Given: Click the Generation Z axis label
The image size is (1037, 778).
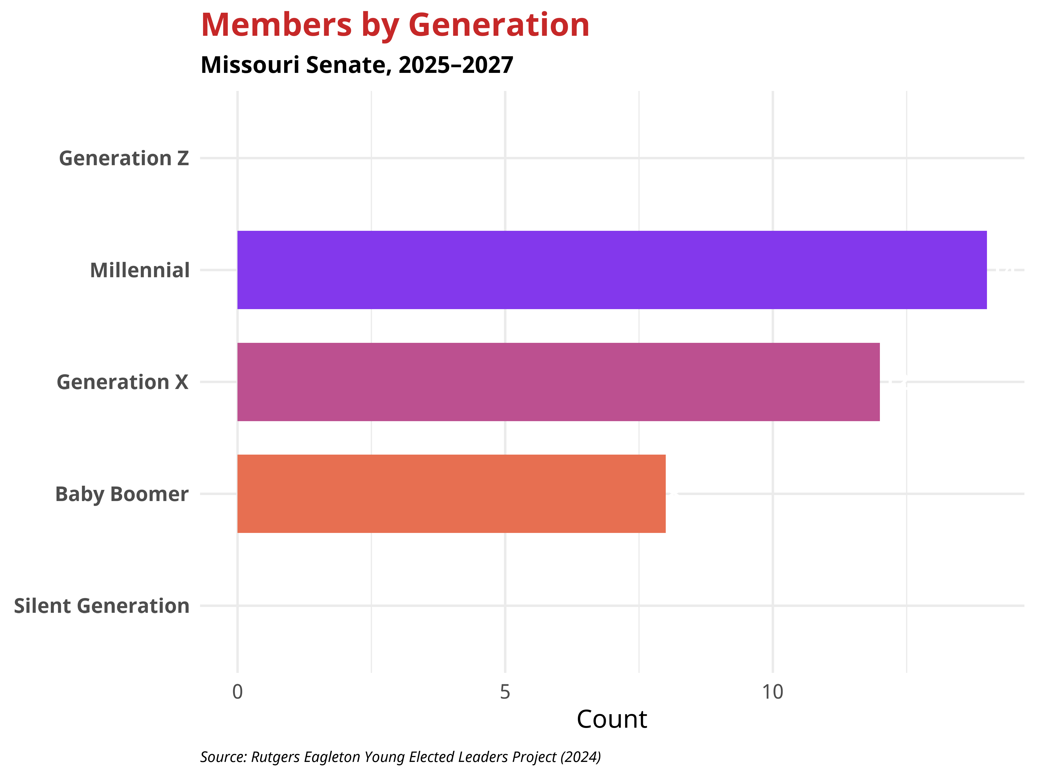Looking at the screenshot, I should click(124, 158).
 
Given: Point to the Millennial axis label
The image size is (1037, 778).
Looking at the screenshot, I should click(140, 270).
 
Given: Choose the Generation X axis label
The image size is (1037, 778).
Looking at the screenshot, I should click(122, 382).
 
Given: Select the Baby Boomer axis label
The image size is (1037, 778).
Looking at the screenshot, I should click(122, 494).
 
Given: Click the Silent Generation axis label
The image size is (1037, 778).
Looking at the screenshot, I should click(102, 606).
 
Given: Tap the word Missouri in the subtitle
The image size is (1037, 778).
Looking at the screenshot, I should click(250, 65).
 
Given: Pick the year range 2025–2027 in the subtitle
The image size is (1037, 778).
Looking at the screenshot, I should click(456, 65).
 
